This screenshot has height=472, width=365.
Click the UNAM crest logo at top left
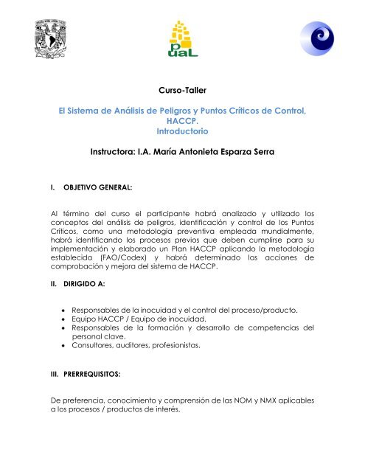point(34,40)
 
